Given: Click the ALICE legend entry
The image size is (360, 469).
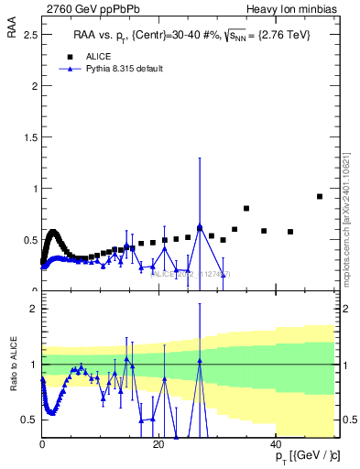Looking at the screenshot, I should [100, 56].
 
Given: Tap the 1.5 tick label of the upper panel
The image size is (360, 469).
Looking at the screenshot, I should [28, 137].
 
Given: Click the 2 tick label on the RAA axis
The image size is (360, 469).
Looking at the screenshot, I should [34, 86].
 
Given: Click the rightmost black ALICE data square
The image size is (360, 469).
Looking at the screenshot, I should [319, 196].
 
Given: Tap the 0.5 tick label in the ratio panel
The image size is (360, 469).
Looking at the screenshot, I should [28, 420].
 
